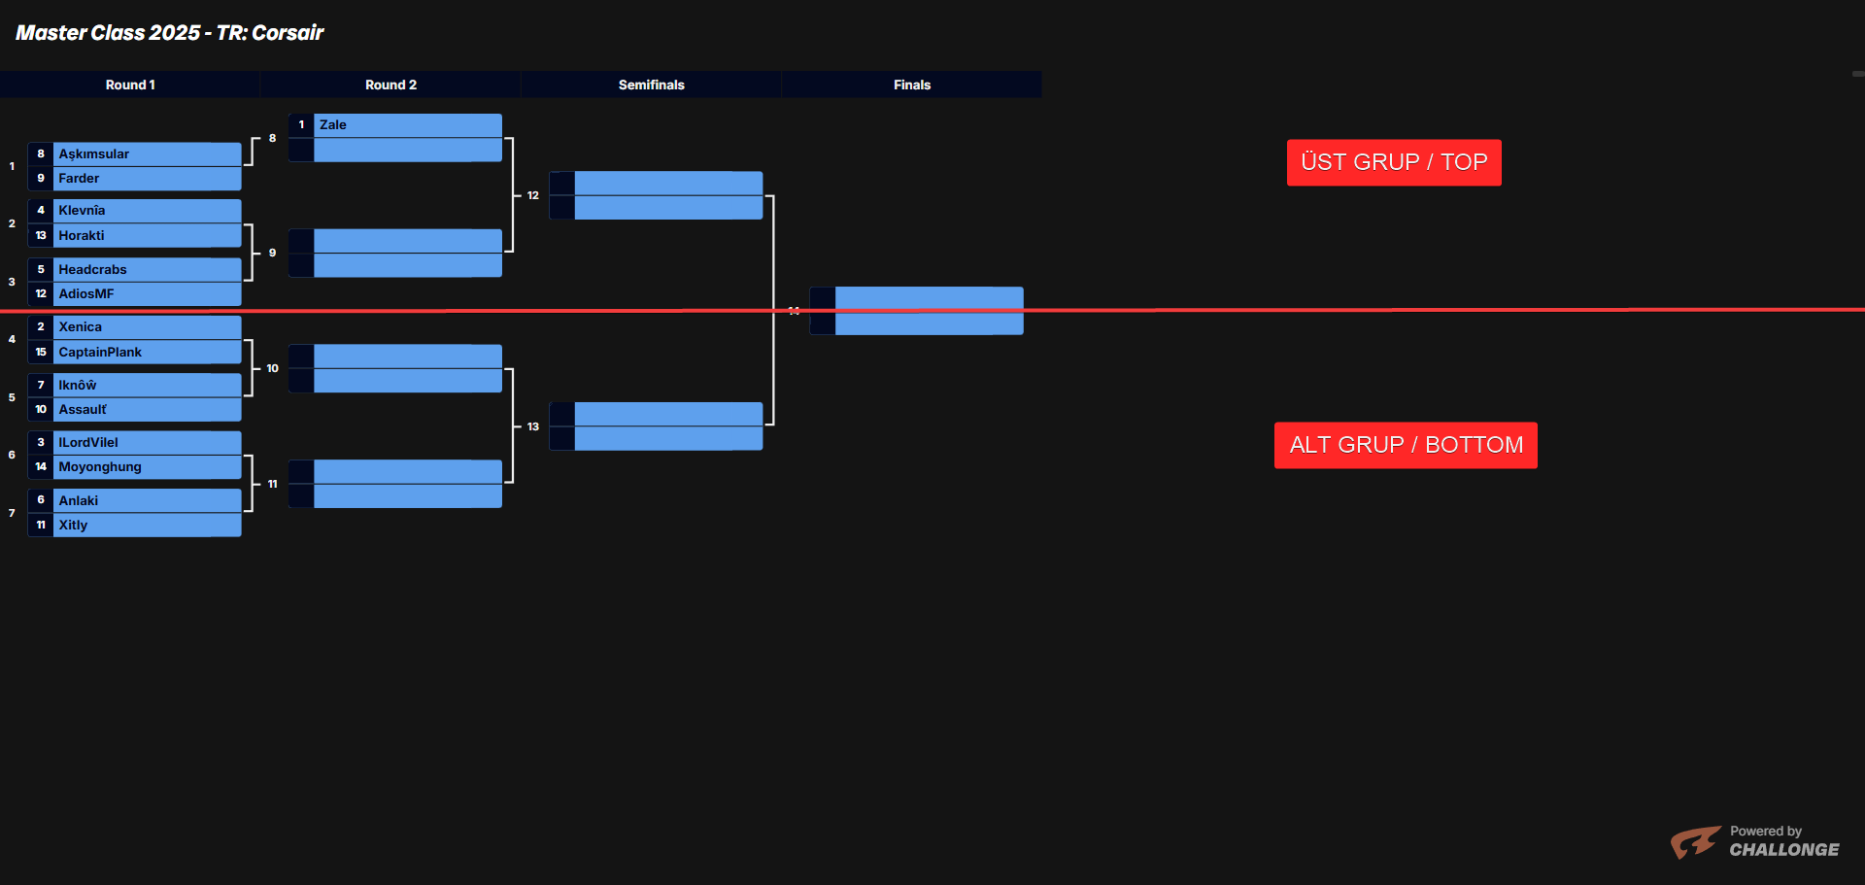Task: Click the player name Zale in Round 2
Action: [333, 125]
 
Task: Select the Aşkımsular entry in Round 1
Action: [94, 154]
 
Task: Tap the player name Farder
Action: [79, 179]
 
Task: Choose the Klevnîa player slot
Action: [82, 211]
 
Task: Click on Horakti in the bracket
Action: [82, 236]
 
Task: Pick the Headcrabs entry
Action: [92, 270]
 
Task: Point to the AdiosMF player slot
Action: [86, 294]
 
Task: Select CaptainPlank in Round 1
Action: [100, 353]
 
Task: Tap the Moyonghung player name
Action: [100, 467]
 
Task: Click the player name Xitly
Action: [73, 526]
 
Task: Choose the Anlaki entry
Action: [79, 501]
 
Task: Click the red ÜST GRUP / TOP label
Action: [1394, 162]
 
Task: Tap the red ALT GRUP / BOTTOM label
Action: [1406, 445]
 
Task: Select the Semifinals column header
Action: [651, 85]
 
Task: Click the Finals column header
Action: [911, 85]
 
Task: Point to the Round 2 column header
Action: [390, 85]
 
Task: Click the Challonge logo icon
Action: [1695, 841]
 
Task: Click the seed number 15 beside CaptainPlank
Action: [41, 353]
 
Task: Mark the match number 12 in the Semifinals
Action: [533, 196]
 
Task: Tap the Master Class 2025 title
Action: [170, 33]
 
